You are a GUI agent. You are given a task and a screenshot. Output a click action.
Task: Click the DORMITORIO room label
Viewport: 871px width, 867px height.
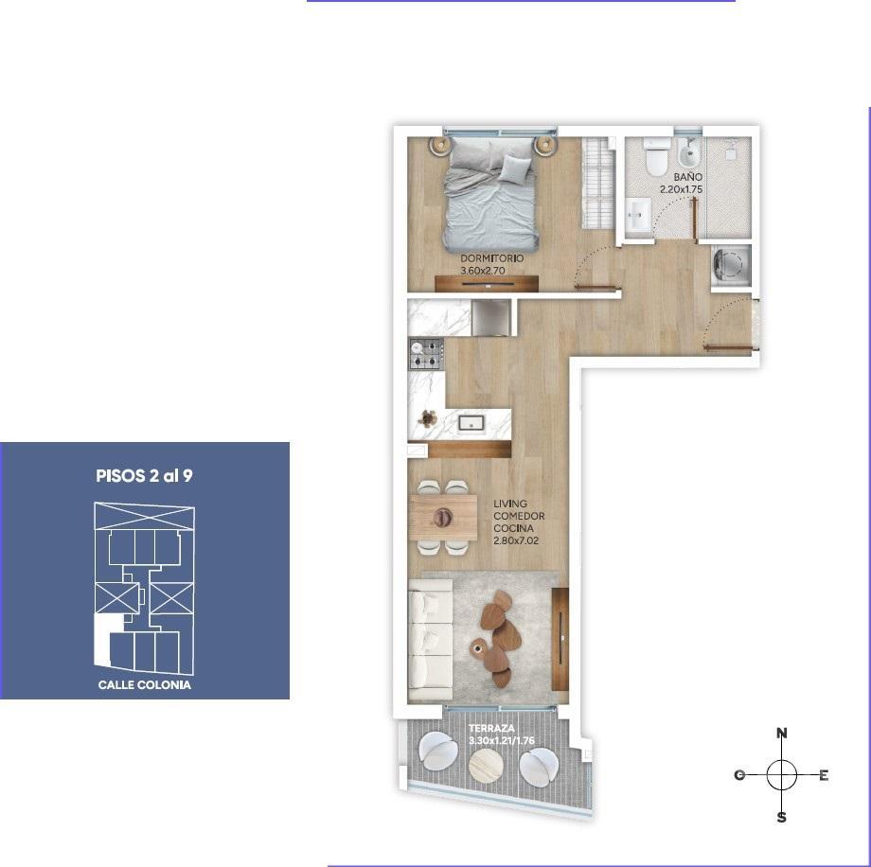point(491,258)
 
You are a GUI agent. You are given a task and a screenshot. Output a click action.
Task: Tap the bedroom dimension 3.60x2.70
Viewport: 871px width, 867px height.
point(482,271)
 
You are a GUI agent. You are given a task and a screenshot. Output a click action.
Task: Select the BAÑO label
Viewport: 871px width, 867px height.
point(687,177)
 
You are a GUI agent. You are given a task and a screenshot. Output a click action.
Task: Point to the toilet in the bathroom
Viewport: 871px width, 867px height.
point(657,155)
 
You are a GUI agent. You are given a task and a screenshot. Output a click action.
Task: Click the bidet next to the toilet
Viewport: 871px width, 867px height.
point(687,151)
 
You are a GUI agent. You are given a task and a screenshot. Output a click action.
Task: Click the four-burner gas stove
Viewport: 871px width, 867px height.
point(426,354)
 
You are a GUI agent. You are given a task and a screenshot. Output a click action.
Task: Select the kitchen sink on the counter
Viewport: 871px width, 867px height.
point(472,424)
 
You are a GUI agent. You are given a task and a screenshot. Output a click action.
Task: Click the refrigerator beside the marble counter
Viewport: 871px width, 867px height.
point(490,317)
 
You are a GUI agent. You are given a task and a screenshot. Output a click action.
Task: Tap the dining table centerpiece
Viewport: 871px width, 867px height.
point(443,517)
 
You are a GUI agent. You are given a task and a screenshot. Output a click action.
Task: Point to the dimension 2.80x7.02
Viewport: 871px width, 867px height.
point(516,540)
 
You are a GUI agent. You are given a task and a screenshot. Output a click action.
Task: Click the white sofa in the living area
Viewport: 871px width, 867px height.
point(431,641)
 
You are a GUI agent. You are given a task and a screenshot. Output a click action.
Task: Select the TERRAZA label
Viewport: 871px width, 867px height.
point(491,728)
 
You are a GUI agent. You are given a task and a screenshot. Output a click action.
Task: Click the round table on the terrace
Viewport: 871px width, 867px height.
point(488,765)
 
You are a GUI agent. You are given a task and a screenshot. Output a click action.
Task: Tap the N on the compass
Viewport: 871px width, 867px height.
point(782,734)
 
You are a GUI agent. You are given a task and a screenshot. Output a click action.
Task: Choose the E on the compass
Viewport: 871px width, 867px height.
point(824,775)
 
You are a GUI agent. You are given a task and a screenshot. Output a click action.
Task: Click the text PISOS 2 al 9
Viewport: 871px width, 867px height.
point(145,476)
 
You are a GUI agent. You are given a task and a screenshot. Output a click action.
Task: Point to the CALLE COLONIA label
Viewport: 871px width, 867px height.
point(145,685)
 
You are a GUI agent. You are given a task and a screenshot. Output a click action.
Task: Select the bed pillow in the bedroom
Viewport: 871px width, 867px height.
point(515,168)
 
